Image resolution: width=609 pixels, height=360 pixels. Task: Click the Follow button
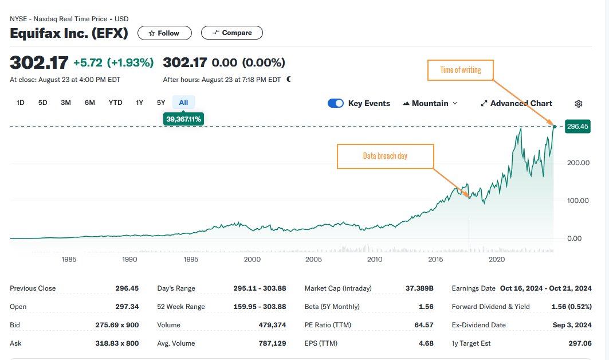tap(164, 33)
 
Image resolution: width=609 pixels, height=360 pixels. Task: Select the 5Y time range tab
tap(161, 103)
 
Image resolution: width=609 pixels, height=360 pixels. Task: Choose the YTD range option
tap(115, 103)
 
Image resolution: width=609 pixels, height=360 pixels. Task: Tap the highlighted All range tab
tap(183, 103)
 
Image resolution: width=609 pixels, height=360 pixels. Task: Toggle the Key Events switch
tap(336, 103)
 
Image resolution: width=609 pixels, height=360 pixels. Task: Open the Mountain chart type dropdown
tap(430, 103)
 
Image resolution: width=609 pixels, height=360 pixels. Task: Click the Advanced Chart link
tap(516, 103)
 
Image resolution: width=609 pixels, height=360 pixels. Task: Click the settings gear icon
tap(578, 104)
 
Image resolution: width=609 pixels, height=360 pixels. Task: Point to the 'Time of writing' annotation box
tap(461, 70)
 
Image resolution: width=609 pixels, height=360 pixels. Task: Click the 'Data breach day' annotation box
tap(385, 156)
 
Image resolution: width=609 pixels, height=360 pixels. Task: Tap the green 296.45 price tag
tap(577, 126)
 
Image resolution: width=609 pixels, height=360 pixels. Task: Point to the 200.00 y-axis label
tap(577, 163)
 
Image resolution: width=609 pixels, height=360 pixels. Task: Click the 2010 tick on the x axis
tap(375, 259)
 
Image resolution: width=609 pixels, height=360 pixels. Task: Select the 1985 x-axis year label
tap(69, 259)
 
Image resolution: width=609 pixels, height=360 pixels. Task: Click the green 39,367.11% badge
tap(184, 119)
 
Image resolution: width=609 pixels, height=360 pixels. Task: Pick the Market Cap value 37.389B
tap(419, 288)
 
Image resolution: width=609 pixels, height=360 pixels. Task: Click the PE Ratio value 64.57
tap(423, 325)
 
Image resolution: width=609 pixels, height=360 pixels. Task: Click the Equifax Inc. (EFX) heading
tap(69, 33)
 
